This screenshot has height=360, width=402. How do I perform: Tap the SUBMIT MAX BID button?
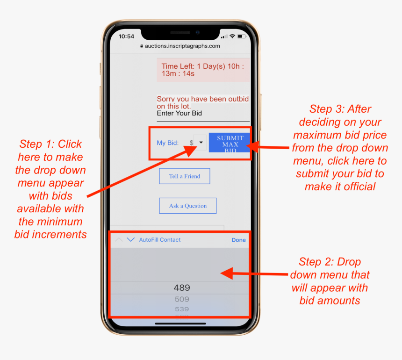pos(230,143)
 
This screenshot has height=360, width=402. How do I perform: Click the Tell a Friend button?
pos(185,176)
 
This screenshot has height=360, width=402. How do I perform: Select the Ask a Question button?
pos(187,206)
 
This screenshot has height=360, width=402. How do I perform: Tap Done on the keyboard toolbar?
pos(239,240)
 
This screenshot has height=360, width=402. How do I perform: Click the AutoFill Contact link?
pos(160,240)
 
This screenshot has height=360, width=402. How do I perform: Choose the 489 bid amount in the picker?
pos(182,288)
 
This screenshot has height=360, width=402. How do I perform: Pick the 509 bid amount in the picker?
pos(182,299)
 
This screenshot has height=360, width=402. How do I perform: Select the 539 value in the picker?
pos(182,309)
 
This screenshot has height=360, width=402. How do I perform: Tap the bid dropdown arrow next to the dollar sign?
pos(201,142)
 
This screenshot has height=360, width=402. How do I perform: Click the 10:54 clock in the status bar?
pos(126,36)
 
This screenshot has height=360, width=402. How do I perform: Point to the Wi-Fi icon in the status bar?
pos(232,36)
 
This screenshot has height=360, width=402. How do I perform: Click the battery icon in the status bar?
pos(242,36)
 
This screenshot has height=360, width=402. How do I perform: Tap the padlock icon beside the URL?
pos(142,46)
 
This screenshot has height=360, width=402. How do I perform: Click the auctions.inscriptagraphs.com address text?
pos(182,46)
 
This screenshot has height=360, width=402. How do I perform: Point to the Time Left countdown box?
pos(203,70)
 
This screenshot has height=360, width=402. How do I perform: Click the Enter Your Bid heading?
pos(179,113)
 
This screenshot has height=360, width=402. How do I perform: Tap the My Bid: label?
pos(168,143)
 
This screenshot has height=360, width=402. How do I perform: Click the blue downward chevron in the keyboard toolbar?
pos(131,239)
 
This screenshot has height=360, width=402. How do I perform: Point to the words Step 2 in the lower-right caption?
pos(316,262)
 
